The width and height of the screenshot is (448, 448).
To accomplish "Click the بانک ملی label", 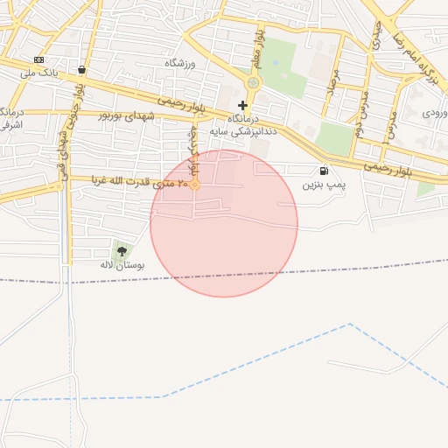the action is (38, 73).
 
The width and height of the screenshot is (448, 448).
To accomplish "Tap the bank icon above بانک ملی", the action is (38, 59).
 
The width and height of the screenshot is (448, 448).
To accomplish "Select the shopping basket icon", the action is (81, 70).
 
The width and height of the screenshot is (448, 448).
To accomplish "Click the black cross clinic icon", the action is (242, 105).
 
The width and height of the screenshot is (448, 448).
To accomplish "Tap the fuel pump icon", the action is (325, 171).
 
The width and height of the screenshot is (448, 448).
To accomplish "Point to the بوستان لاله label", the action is (122, 263).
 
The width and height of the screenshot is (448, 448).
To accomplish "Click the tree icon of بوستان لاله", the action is (121, 251).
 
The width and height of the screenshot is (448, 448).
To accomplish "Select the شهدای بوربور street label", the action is (129, 115).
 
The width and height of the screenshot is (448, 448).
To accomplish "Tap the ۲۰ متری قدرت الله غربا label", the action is (139, 182).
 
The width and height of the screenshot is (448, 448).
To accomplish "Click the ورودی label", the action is (435, 113).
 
